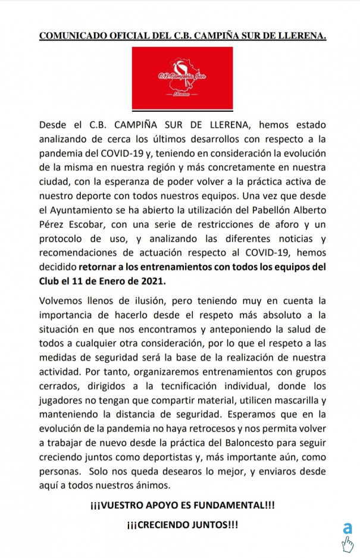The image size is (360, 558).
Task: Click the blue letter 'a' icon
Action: click(x=347, y=528)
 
